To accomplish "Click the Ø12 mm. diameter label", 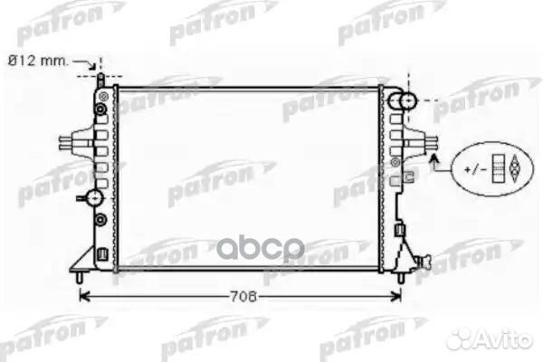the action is click(38, 62).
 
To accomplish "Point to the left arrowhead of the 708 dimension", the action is click(84, 297).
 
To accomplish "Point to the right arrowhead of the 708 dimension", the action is click(396, 297).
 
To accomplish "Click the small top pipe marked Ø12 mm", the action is click(100, 81).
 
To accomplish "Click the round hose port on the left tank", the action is click(94, 198).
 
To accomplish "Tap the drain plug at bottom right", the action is click(425, 262).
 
